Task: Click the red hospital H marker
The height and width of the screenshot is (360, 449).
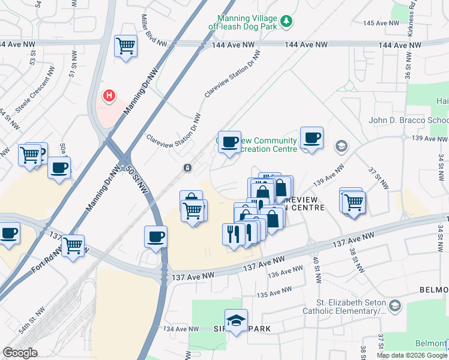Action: tap(109, 95)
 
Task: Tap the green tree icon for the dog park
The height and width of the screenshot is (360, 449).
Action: tap(288, 22)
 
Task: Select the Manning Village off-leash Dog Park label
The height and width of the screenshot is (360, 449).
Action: tap(246, 22)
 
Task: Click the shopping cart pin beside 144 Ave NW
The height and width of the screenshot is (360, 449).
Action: tap(125, 46)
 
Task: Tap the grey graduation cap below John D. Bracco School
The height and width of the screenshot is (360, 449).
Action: tap(342, 146)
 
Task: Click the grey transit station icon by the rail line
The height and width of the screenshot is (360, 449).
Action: tap(188, 167)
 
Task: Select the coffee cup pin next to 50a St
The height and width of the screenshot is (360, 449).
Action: tap(59, 168)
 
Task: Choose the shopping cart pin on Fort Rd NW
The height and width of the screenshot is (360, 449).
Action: tap(73, 245)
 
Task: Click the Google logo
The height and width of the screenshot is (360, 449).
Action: tap(20, 353)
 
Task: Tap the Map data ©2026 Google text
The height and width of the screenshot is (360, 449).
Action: tap(411, 355)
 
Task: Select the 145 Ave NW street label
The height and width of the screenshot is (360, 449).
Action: tap(381, 23)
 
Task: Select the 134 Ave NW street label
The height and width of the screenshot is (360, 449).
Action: tap(180, 329)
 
